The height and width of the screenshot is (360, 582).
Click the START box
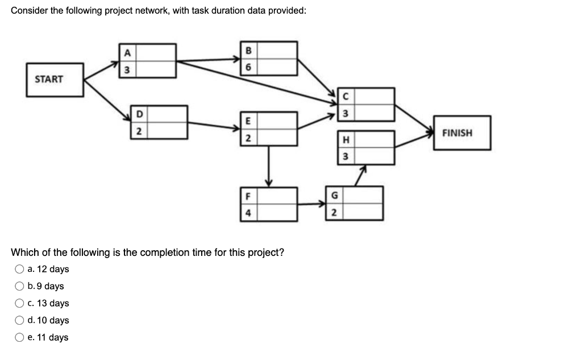pyautogui.click(x=49, y=80)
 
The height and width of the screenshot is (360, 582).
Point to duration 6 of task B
pyautogui.click(x=248, y=67)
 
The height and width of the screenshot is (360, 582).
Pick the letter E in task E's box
pyautogui.click(x=247, y=121)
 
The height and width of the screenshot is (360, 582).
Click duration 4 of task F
pyautogui.click(x=247, y=213)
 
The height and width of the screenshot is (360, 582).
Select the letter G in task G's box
pyautogui.click(x=334, y=195)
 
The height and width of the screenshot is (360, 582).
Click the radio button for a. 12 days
pyautogui.click(x=20, y=269)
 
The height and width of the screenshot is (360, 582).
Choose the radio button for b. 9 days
pyautogui.click(x=20, y=286)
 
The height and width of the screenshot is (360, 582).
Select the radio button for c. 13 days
pyautogui.click(x=20, y=303)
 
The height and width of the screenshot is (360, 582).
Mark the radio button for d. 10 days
pyautogui.click(x=20, y=320)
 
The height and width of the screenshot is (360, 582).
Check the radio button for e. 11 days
pyautogui.click(x=20, y=337)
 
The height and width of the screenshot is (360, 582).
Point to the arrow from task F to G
pyautogui.click(x=311, y=204)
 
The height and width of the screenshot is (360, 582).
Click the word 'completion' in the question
pyautogui.click(x=161, y=253)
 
